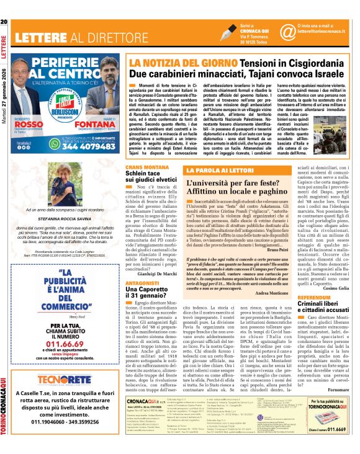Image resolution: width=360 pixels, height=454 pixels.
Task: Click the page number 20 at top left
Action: (4, 6)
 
